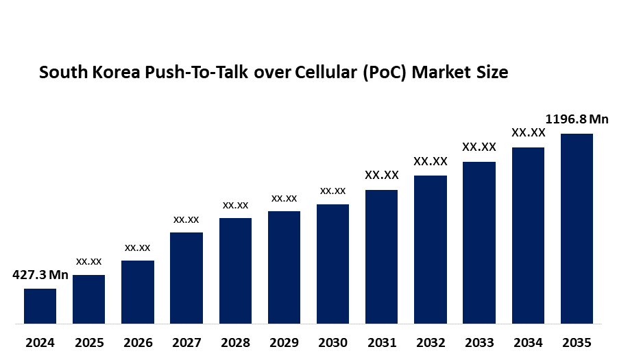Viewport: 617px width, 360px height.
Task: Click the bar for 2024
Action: (40, 306)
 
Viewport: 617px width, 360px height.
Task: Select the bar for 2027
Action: (186, 278)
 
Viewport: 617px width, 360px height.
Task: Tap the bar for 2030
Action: (332, 264)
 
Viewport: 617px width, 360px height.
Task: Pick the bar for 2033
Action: (479, 243)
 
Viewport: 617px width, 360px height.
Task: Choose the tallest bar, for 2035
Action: (577, 228)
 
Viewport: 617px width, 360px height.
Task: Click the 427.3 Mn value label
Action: (40, 276)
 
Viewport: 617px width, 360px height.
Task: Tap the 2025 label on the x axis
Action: (89, 342)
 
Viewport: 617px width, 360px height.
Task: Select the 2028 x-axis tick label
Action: (235, 342)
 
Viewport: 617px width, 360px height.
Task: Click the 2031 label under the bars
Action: (381, 342)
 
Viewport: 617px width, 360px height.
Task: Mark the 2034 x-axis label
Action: (528, 342)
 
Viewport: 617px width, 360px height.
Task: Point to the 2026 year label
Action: (138, 342)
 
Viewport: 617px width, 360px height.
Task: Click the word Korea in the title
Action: (115, 73)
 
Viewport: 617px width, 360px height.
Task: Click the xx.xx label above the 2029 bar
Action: (284, 198)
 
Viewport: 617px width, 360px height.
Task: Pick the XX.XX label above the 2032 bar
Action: (431, 162)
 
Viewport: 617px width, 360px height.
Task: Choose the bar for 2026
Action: (138, 292)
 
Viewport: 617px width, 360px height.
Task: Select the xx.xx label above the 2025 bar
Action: (89, 261)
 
